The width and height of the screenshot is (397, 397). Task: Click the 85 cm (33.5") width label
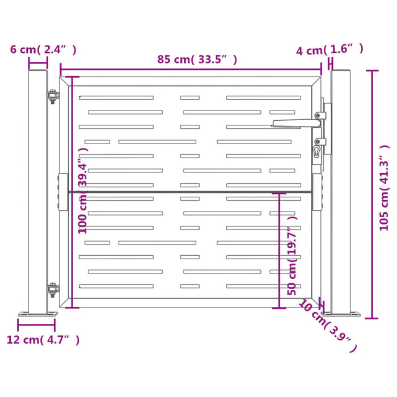197,59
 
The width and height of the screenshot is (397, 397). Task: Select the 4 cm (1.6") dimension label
330,50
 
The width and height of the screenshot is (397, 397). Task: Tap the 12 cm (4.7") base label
43,340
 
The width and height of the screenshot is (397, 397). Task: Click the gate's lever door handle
295,122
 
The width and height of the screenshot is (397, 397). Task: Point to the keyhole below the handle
316,151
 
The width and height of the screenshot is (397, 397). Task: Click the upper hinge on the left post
52,97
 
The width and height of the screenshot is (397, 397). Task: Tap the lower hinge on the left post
52,290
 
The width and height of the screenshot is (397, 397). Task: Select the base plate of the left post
37,313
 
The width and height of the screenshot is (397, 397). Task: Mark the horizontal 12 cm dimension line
37,326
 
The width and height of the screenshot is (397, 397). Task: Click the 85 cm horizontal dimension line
191,72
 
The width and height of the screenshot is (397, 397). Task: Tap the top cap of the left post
38,71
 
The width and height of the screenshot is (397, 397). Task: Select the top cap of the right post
341,71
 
